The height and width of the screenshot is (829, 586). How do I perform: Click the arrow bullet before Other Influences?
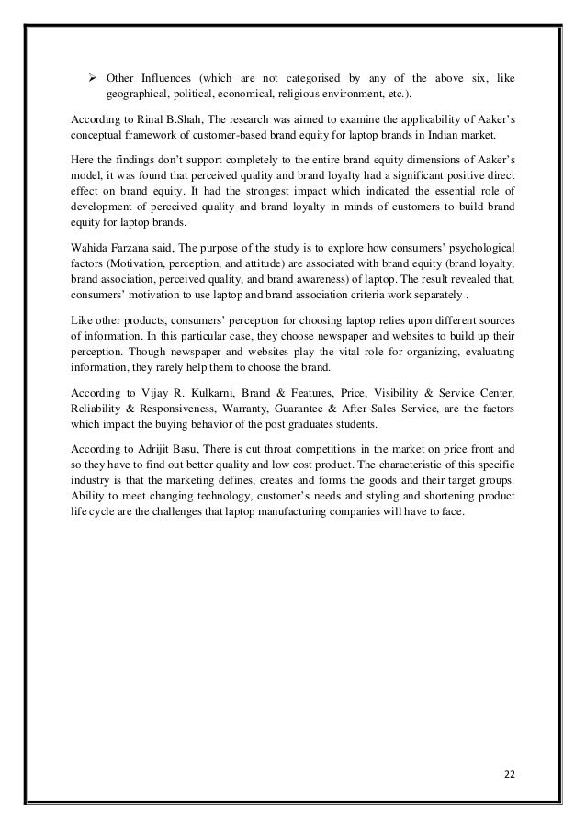[x=93, y=77]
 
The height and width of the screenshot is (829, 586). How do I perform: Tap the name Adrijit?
[x=152, y=451]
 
